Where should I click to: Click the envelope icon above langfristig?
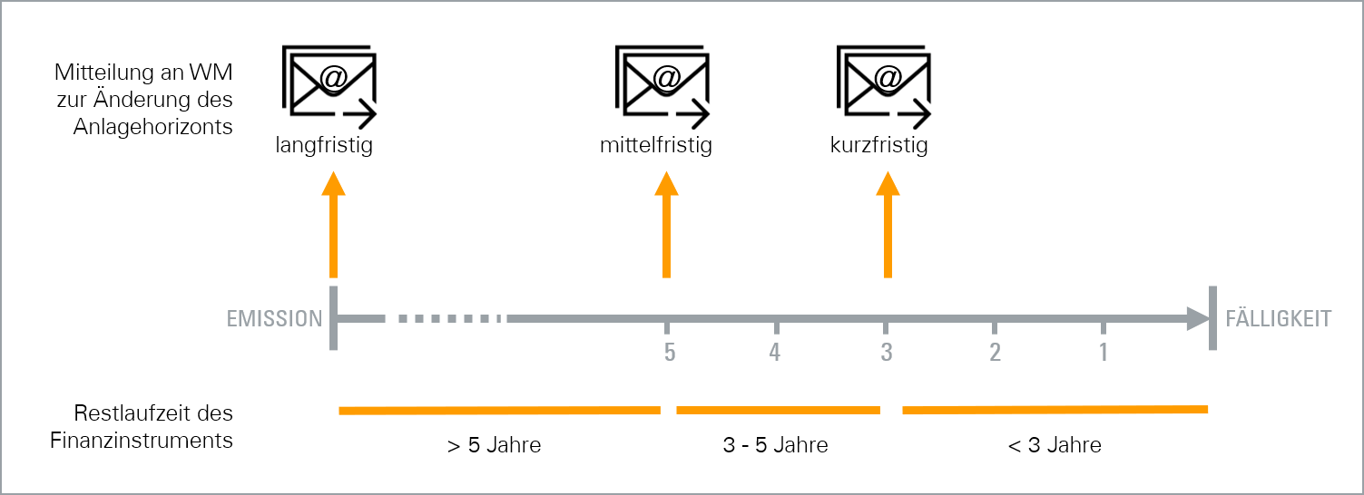pyautogui.click(x=329, y=86)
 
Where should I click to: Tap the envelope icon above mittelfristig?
pyautogui.click(x=662, y=86)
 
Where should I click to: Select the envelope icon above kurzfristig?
pyautogui.click(x=884, y=86)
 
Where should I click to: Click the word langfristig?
pyautogui.click(x=324, y=146)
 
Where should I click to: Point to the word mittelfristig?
pyautogui.click(x=656, y=146)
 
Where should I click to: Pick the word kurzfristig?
pyautogui.click(x=878, y=146)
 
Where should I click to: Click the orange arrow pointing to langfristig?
pyautogui.click(x=334, y=225)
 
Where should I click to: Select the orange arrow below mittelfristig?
pyautogui.click(x=667, y=225)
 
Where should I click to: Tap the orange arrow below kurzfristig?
pyautogui.click(x=888, y=225)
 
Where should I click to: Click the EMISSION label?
pyautogui.click(x=274, y=318)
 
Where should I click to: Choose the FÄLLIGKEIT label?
pyautogui.click(x=1278, y=318)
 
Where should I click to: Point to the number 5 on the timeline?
pyautogui.click(x=670, y=352)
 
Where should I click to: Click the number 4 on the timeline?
pyautogui.click(x=774, y=352)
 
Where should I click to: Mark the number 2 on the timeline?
pyautogui.click(x=995, y=352)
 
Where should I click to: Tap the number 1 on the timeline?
pyautogui.click(x=1104, y=352)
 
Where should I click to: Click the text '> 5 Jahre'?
pyautogui.click(x=494, y=445)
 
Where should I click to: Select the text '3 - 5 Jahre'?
pyautogui.click(x=775, y=445)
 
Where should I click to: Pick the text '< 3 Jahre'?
pyautogui.click(x=1055, y=445)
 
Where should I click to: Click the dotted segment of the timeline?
pyautogui.click(x=450, y=318)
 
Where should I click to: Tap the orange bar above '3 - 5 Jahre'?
pyautogui.click(x=779, y=411)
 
